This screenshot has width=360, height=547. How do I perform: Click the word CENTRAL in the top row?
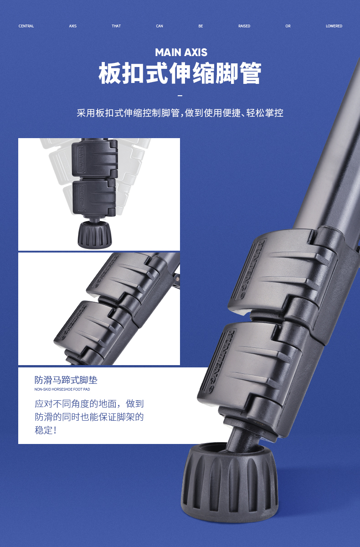click(26, 26)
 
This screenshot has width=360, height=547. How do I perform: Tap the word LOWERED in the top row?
click(334, 26)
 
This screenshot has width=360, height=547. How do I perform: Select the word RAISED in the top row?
click(244, 26)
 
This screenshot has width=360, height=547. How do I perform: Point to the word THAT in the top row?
click(116, 26)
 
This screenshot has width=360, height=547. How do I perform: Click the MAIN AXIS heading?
click(181, 52)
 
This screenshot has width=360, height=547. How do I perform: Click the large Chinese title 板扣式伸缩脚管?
click(180, 73)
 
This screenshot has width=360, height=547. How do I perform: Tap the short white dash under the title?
click(180, 95)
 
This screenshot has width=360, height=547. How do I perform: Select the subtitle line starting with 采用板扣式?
click(180, 113)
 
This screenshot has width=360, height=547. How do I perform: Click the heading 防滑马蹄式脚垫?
click(66, 380)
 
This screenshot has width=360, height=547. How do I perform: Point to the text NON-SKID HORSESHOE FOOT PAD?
click(62, 389)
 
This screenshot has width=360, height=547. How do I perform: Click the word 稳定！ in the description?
click(46, 430)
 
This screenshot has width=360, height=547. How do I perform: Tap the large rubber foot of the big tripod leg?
click(229, 483)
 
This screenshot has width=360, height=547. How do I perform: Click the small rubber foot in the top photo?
click(95, 234)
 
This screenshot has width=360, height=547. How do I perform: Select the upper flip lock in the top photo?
click(95, 158)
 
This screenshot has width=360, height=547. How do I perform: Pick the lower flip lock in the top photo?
click(94, 198)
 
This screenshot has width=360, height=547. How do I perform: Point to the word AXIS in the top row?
click(73, 26)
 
